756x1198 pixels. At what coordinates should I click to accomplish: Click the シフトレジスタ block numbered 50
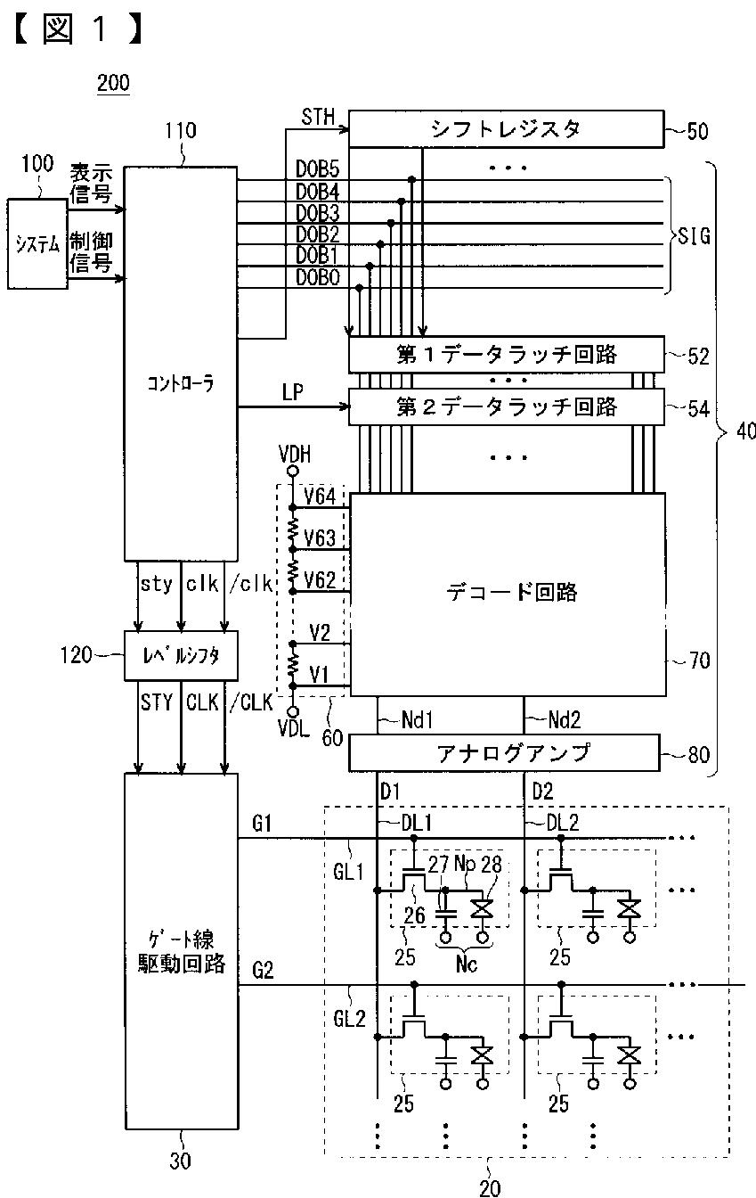(x=506, y=129)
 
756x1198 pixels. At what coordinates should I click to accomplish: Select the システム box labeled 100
(x=37, y=244)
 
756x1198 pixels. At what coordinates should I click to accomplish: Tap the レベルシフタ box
(x=181, y=656)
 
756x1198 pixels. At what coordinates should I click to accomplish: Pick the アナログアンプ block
(x=504, y=752)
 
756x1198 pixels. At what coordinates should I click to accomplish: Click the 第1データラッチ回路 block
(x=506, y=354)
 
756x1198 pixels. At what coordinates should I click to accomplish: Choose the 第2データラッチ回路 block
(x=506, y=407)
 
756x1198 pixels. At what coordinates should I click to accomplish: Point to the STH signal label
(x=318, y=117)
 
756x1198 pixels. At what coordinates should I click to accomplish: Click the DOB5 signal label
(x=318, y=169)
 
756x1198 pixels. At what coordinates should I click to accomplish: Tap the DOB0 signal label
(x=318, y=277)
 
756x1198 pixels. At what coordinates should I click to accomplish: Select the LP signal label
(x=292, y=392)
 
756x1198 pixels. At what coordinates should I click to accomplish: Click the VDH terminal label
(x=295, y=454)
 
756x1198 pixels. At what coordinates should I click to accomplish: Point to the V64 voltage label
(x=320, y=496)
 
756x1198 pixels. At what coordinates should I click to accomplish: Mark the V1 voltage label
(x=319, y=675)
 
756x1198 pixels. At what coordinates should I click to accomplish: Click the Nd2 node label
(x=565, y=720)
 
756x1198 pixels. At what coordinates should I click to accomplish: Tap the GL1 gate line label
(x=348, y=873)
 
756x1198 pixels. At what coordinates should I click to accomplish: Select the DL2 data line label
(x=563, y=823)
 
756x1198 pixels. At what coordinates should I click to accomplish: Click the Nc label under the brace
(x=467, y=964)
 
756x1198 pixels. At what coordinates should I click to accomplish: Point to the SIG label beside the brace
(x=694, y=236)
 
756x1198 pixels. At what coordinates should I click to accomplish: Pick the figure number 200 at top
(x=113, y=83)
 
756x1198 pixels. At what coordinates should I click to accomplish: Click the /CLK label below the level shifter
(x=252, y=702)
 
